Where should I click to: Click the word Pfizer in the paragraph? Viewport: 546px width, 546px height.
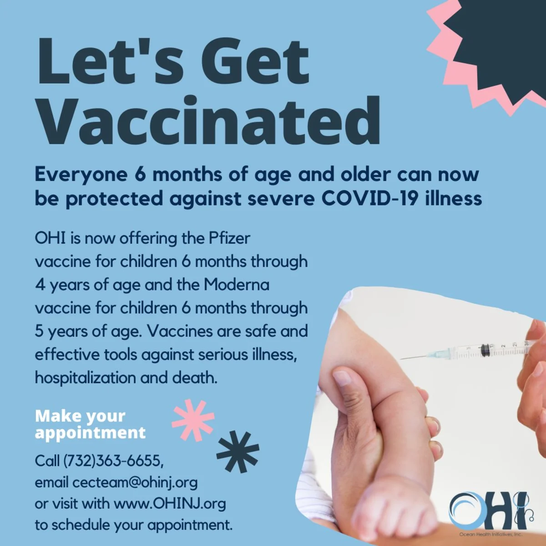[x=229, y=239]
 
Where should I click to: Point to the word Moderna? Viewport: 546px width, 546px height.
[x=236, y=285]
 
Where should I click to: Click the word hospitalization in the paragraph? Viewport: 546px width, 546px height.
[x=85, y=378]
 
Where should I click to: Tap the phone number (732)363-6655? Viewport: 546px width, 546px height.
[x=113, y=461]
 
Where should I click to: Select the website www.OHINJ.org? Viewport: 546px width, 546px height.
[x=170, y=504]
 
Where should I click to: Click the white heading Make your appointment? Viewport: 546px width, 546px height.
[x=90, y=424]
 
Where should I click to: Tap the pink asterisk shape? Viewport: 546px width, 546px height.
[x=193, y=420]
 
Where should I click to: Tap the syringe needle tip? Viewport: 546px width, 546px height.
[x=400, y=359]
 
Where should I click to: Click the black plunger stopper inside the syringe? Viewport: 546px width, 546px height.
[x=485, y=350]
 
